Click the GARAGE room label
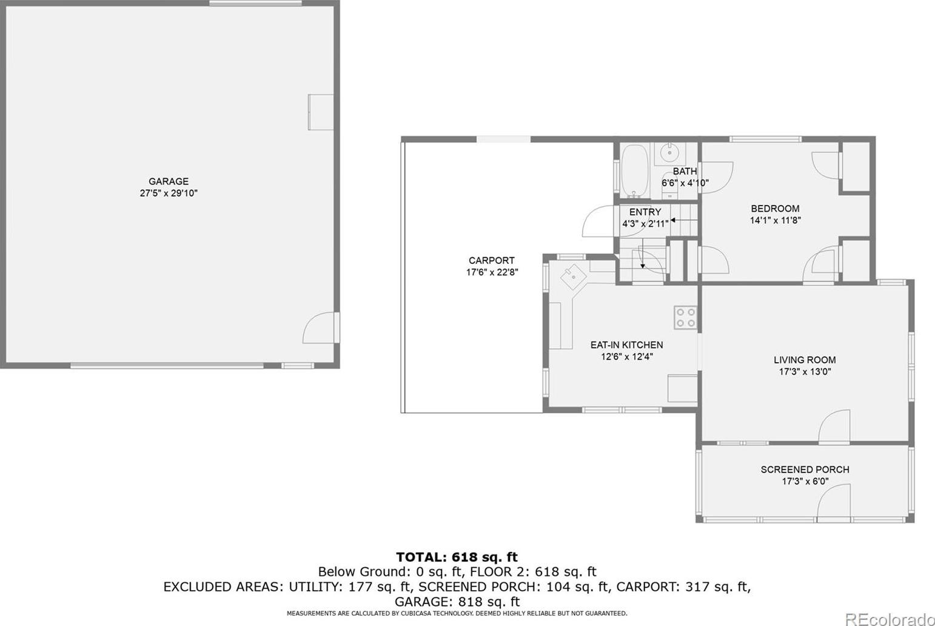169,181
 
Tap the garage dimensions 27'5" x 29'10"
169,193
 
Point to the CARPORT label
492,261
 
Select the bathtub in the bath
635,171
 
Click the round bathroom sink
669,152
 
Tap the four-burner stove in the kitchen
685,317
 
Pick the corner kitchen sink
573,277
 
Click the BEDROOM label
775,209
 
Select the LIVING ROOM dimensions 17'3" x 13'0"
805,371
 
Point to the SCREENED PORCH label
805,469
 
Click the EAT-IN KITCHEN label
626,345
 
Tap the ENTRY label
645,212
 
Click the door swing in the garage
319,327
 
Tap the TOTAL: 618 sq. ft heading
457,557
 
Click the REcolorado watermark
889,618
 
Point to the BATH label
685,171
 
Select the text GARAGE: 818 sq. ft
457,602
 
